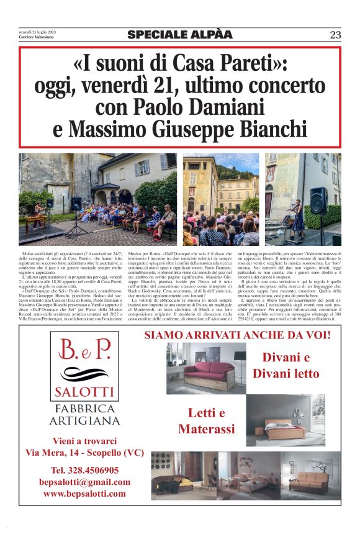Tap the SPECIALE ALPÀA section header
pos(180,35)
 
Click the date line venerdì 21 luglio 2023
pos(37,33)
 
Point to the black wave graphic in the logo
pos(85,374)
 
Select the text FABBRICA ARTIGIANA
pos(85,414)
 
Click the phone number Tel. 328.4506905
pos(85,470)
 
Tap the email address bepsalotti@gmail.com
pos(85,482)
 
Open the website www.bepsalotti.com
pos(85,494)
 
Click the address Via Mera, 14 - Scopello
pos(85,453)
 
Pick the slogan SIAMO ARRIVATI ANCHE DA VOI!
pos(238,336)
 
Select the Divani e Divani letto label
pos(286,366)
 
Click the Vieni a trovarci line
pos(85,441)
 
